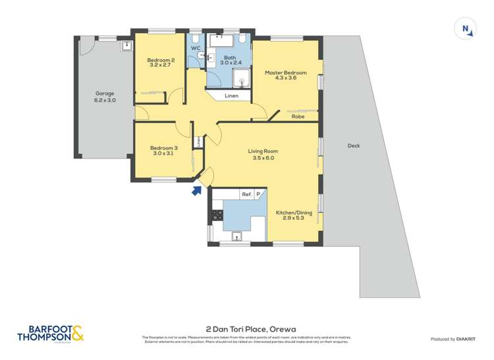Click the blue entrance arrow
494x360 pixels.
pyautogui.click(x=196, y=191)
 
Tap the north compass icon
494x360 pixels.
pyautogui.click(x=466, y=28)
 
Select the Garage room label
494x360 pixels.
pyautogui.click(x=105, y=93)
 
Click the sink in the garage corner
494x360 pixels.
pyautogui.click(x=126, y=46)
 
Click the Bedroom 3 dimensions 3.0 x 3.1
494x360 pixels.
pyautogui.click(x=163, y=153)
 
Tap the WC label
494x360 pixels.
pyautogui.click(x=196, y=48)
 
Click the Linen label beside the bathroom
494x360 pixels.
pyautogui.click(x=231, y=96)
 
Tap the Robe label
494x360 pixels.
pyautogui.click(x=298, y=116)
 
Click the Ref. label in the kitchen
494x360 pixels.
pyautogui.click(x=246, y=194)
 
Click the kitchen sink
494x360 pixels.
pyautogui.click(x=236, y=237)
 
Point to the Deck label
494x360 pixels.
pyautogui.click(x=354, y=145)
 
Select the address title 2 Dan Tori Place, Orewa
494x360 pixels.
pyautogui.click(x=246, y=327)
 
